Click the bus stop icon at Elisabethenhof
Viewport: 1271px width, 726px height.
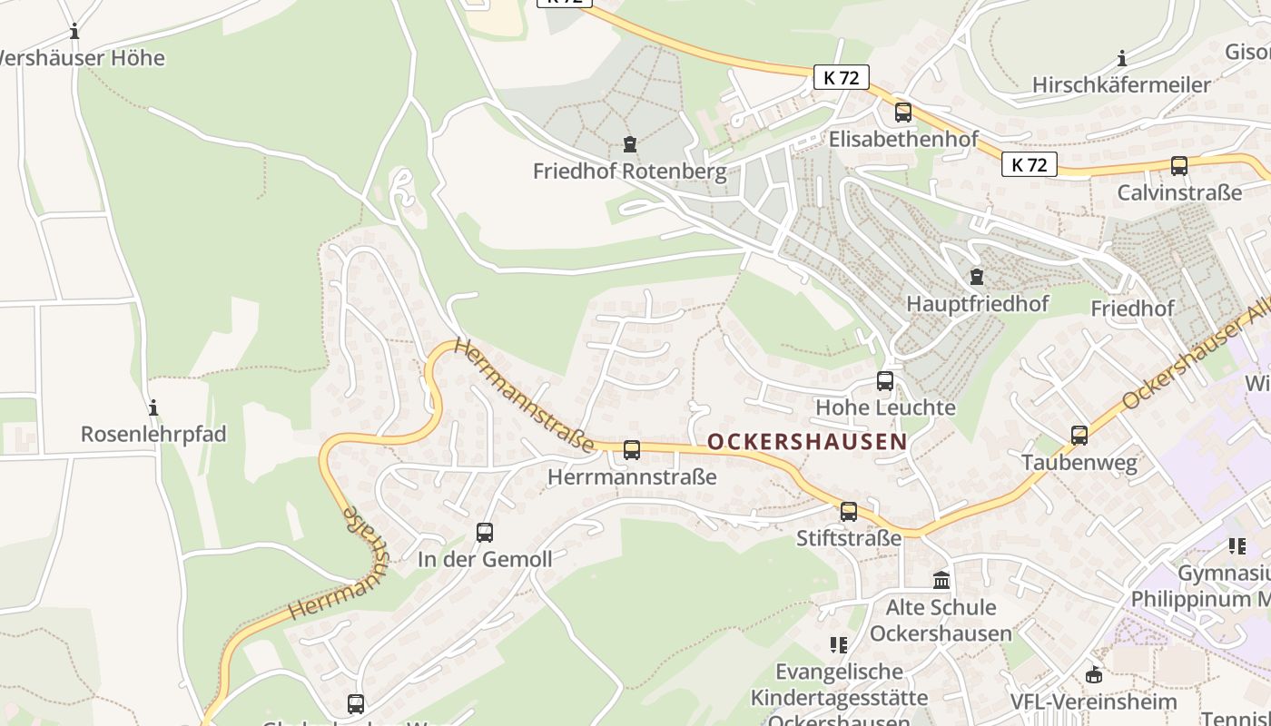tap(902, 113)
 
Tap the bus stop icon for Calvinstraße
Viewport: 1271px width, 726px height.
tap(1178, 166)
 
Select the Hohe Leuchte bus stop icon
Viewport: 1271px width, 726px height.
tap(885, 381)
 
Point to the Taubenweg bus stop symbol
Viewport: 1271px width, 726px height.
tap(1079, 436)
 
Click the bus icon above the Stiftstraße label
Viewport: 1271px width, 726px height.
tap(849, 512)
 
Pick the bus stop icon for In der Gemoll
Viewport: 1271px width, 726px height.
tap(485, 533)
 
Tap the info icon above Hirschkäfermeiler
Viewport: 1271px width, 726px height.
tap(1122, 59)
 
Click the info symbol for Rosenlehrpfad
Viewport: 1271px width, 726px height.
tap(153, 407)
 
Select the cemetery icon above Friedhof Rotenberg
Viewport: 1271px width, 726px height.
tap(629, 143)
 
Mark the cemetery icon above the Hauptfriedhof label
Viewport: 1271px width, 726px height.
tap(977, 276)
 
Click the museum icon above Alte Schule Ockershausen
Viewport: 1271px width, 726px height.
tap(941, 580)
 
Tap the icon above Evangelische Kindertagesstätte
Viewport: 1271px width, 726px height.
tap(838, 645)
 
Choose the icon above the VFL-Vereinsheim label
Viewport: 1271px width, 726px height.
tap(1093, 675)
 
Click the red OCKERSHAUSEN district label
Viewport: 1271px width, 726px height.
tap(806, 442)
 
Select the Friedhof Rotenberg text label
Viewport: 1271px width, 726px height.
tap(629, 171)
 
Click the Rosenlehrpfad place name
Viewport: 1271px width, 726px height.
tap(153, 434)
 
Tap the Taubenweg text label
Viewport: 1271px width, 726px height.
tap(1079, 463)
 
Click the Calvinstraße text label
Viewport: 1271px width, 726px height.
tap(1178, 192)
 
